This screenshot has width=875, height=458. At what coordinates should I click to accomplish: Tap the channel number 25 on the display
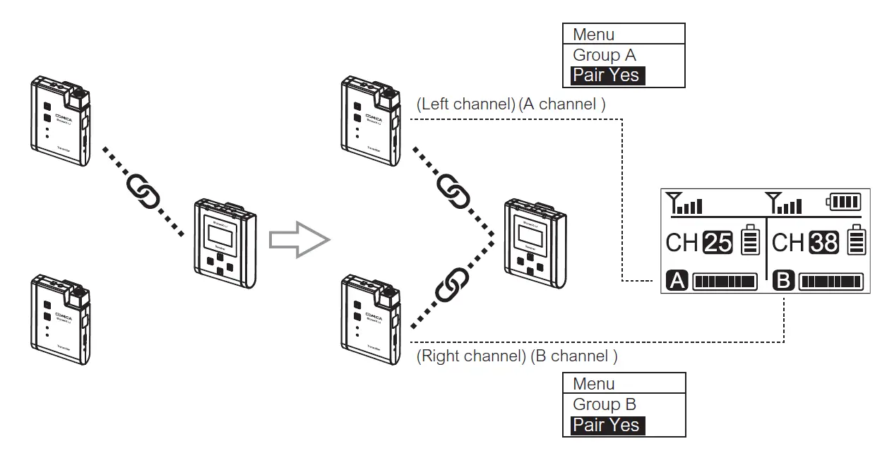click(718, 243)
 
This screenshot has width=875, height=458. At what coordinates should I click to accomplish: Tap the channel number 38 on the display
click(824, 243)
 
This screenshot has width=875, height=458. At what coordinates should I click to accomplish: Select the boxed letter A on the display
click(677, 281)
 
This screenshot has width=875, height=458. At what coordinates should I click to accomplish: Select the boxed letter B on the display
click(783, 281)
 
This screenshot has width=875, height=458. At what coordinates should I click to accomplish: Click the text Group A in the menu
click(604, 55)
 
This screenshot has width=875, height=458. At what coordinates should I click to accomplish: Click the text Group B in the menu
click(604, 404)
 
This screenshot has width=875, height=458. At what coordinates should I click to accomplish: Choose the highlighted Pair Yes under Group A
click(607, 75)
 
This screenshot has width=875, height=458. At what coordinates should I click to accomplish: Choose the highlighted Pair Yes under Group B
click(607, 425)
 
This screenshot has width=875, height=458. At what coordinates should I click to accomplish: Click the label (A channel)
click(562, 104)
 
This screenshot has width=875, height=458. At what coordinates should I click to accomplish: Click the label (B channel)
click(574, 356)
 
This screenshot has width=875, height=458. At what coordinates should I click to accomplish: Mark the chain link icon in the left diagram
click(142, 191)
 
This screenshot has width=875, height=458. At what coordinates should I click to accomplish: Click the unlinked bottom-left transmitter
click(61, 319)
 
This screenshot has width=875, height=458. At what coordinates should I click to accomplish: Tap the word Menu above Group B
click(593, 384)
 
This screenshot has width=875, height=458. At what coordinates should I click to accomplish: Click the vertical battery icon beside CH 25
click(750, 241)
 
